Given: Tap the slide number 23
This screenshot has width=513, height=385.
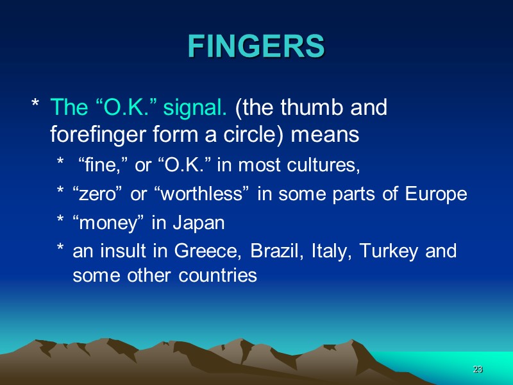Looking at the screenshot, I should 477,370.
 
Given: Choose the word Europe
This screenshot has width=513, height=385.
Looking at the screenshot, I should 437,195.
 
